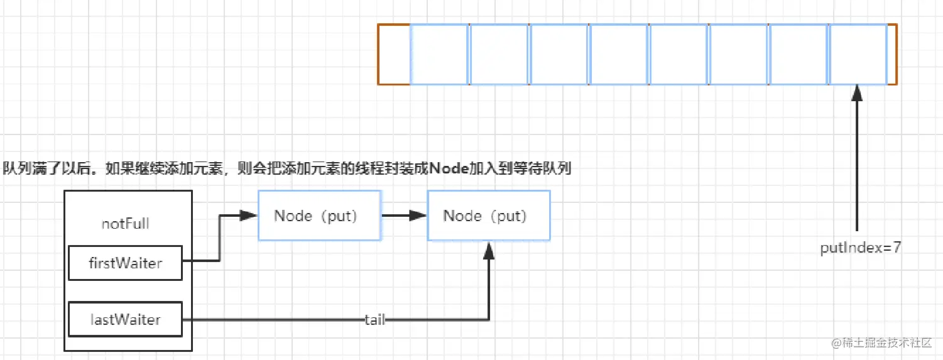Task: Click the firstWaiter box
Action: click(x=125, y=263)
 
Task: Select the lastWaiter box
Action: click(x=125, y=320)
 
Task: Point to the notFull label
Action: click(x=125, y=224)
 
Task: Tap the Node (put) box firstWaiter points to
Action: click(x=319, y=215)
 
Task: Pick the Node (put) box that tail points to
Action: click(x=489, y=215)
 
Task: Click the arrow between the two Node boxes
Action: click(x=404, y=215)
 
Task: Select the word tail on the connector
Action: click(x=374, y=320)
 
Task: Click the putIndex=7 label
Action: click(x=861, y=248)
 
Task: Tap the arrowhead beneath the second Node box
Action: click(x=489, y=249)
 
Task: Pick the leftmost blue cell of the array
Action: click(x=439, y=54)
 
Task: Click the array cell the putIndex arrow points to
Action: click(x=858, y=54)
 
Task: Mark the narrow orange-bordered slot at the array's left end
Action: click(x=394, y=54)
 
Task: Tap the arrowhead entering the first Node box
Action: click(x=250, y=215)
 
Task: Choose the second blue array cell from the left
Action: click(x=499, y=54)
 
